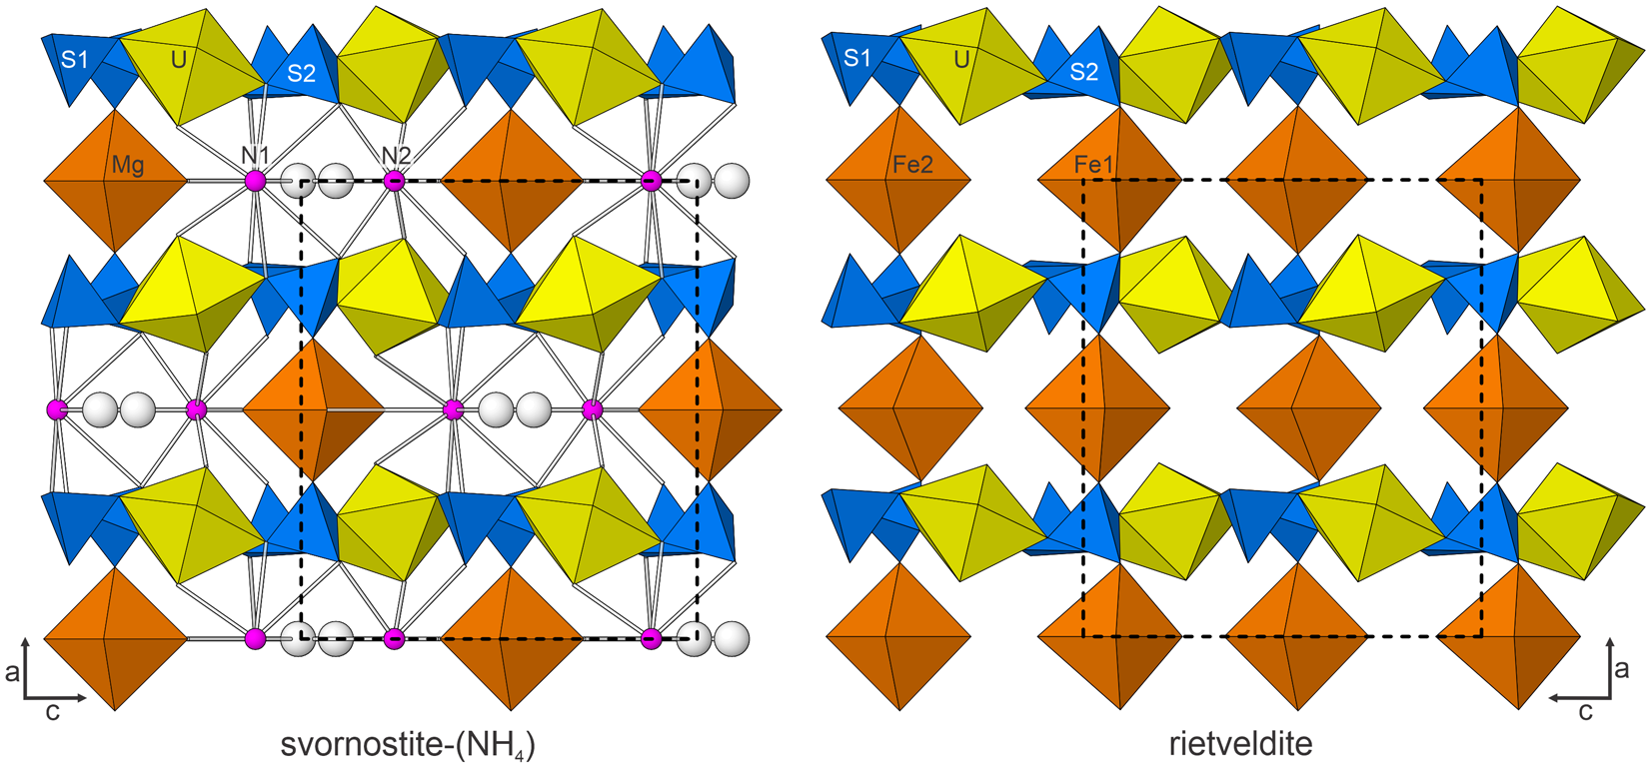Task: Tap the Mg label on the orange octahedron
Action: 128,166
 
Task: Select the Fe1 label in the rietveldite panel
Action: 1093,165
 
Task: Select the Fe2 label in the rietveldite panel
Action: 911,165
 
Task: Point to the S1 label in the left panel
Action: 75,60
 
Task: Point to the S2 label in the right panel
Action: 1083,72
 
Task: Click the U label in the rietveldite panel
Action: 961,60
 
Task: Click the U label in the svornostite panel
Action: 179,60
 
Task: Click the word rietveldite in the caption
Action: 1240,744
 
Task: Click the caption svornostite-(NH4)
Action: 407,745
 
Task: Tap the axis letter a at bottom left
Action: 12,672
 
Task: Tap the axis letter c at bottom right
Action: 1584,711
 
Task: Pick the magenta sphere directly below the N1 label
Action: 256,181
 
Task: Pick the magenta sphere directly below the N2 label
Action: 395,181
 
